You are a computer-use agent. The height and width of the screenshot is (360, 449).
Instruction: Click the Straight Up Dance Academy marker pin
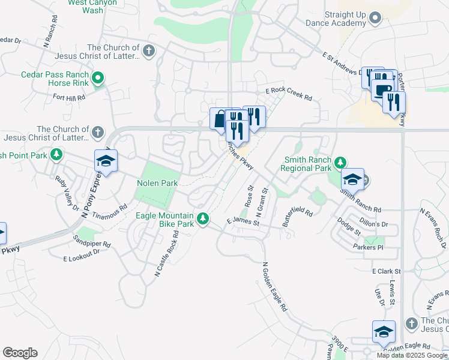(376, 18)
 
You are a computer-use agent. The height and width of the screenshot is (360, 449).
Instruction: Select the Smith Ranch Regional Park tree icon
(340, 162)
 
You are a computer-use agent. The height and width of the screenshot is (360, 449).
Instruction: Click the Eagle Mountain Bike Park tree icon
(203, 217)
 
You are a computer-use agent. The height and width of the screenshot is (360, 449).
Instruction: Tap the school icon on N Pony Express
(106, 161)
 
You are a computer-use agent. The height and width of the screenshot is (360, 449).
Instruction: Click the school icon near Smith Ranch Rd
(353, 179)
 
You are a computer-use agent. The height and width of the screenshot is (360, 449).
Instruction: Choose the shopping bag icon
(219, 118)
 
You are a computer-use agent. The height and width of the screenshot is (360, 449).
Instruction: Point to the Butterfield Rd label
(298, 217)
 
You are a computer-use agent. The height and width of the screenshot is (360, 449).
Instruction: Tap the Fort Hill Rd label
(69, 97)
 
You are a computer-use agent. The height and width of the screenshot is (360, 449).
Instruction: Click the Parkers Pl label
(368, 247)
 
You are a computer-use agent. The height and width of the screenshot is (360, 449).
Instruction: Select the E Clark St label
(386, 271)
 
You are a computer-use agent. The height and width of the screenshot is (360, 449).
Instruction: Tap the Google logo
(20, 353)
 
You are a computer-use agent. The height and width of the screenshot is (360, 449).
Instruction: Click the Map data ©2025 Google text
(412, 355)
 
